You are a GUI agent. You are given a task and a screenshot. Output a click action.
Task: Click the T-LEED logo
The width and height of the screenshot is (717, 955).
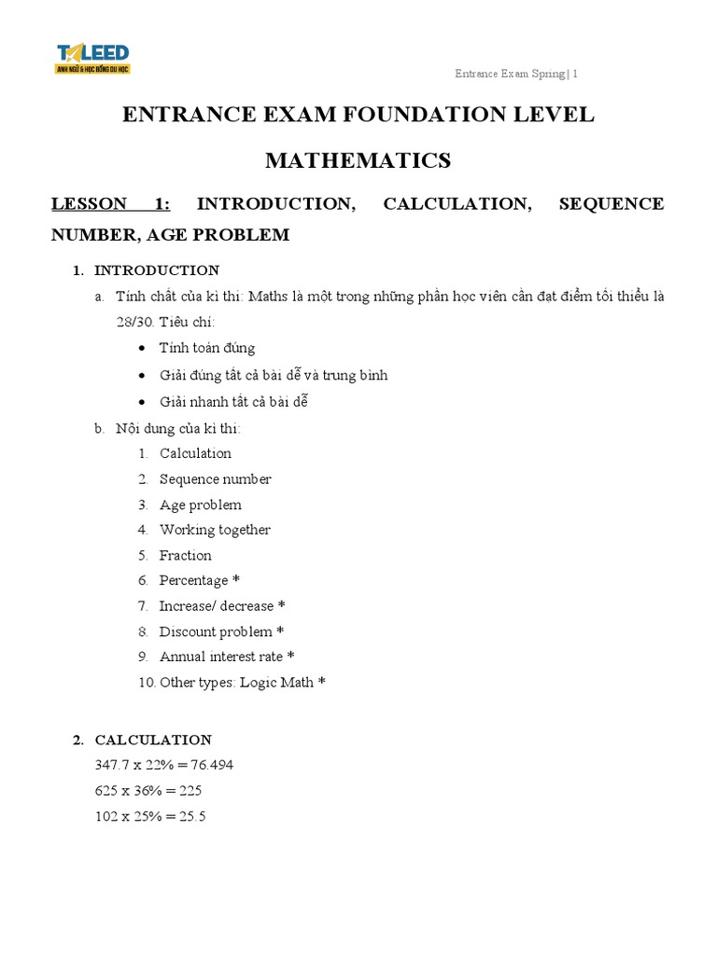pyautogui.click(x=92, y=58)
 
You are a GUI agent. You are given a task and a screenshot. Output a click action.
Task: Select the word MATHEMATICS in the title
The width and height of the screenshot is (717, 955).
pyautogui.click(x=358, y=160)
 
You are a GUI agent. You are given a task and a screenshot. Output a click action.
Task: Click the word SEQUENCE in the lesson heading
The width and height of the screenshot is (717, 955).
pyautogui.click(x=611, y=203)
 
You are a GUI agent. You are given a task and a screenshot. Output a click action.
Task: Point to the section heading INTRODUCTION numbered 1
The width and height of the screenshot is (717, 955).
pyautogui.click(x=157, y=270)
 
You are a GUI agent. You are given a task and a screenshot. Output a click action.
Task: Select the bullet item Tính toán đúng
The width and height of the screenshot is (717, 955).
pyautogui.click(x=206, y=348)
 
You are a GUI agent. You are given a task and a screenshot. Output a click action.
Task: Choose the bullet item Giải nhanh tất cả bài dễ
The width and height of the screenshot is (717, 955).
pyautogui.click(x=232, y=402)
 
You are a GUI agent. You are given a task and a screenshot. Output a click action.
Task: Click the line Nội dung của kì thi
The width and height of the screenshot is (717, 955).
pyautogui.click(x=177, y=428)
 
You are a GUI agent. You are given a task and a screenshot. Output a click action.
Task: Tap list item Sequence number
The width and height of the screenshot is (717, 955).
pyautogui.click(x=215, y=479)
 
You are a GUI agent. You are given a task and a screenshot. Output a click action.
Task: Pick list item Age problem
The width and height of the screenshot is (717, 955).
pyautogui.click(x=200, y=505)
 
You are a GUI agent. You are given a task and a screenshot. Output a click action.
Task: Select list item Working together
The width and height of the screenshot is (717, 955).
pyautogui.click(x=215, y=530)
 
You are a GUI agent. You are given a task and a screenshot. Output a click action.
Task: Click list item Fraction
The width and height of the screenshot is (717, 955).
pyautogui.click(x=185, y=555)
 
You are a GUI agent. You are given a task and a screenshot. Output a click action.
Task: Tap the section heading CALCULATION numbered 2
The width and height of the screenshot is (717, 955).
pyautogui.click(x=153, y=740)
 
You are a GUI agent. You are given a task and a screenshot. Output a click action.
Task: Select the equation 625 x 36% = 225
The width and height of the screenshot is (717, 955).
pyautogui.click(x=148, y=790)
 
